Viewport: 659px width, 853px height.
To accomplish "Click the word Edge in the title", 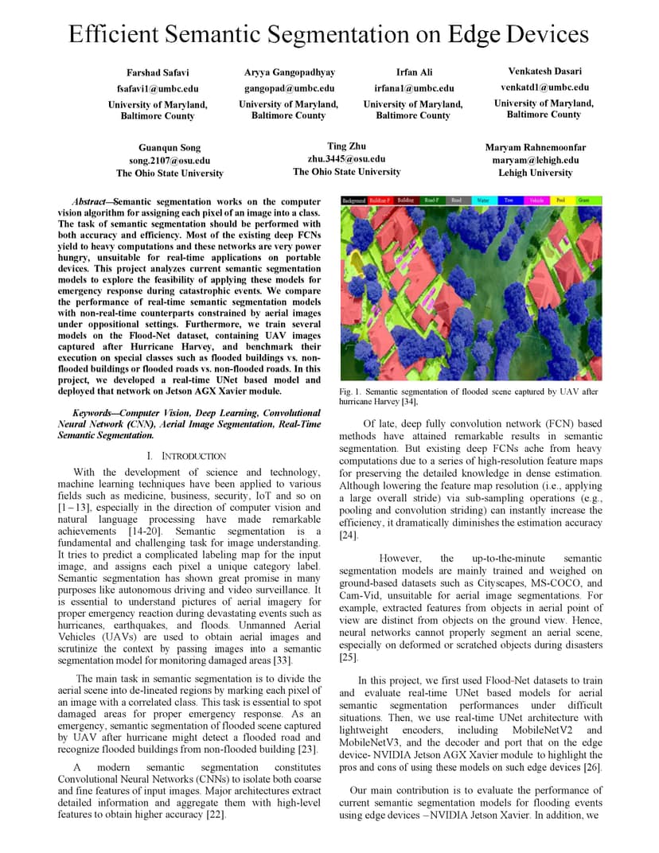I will (x=474, y=35).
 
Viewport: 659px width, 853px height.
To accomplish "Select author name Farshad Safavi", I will (x=158, y=73).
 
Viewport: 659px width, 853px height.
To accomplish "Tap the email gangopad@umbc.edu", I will (x=289, y=88).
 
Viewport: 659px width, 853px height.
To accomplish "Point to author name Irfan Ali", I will (x=414, y=72).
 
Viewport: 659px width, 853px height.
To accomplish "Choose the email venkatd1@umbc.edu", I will (x=544, y=88).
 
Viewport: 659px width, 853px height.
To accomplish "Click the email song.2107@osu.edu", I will (x=170, y=161).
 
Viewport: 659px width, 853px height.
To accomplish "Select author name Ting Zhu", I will (x=346, y=146).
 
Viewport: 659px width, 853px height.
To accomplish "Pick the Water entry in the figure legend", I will (x=484, y=201).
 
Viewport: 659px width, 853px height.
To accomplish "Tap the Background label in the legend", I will (x=353, y=201).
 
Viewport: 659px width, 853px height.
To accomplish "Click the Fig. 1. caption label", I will (x=350, y=391).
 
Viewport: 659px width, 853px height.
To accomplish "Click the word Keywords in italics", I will (x=97, y=413).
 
